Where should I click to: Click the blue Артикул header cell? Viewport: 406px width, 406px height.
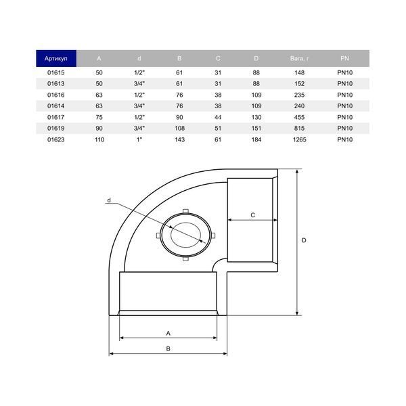tap(56, 58)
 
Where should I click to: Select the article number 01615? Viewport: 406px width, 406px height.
tap(56, 73)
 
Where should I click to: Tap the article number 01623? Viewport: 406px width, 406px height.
tap(56, 140)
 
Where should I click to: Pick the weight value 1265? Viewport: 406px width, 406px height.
tap(299, 140)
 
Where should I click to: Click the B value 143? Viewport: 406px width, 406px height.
tap(179, 140)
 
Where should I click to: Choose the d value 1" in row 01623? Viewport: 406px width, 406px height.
tap(139, 140)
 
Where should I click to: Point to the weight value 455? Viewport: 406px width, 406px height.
tap(299, 117)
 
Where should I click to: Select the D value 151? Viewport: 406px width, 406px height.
tap(256, 129)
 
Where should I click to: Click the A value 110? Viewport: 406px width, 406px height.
tap(99, 140)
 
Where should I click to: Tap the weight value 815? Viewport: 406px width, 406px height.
tap(299, 129)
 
